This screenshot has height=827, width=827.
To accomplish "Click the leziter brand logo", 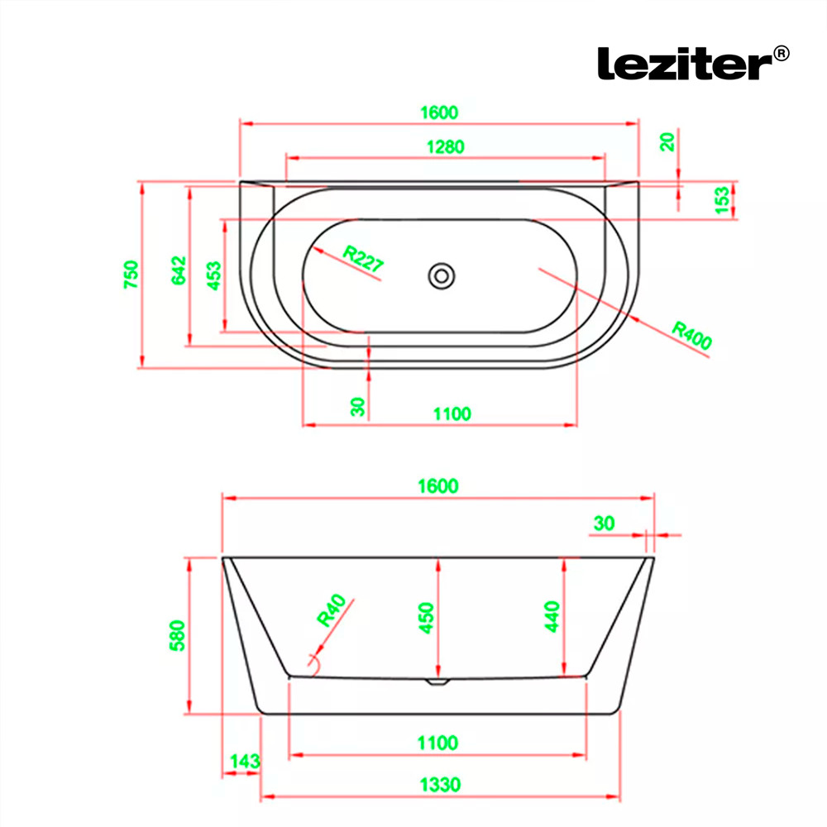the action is pyautogui.click(x=686, y=64).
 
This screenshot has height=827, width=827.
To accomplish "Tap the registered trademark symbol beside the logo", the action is pyautogui.click(x=782, y=53).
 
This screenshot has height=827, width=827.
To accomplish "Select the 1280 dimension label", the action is pyautogui.click(x=445, y=146).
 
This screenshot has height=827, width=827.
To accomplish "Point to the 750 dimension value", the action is pyautogui.click(x=131, y=275).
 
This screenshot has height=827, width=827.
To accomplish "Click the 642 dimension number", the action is pyautogui.click(x=179, y=270).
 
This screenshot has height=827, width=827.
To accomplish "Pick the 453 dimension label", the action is pyautogui.click(x=213, y=275).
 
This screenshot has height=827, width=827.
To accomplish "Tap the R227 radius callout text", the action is pyautogui.click(x=363, y=258).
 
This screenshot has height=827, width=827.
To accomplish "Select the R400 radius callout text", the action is pyautogui.click(x=692, y=336).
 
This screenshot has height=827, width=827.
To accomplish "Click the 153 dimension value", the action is pyautogui.click(x=721, y=200).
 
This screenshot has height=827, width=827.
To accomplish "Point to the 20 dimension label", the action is pyautogui.click(x=667, y=142).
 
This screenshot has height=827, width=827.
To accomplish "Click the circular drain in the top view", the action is pyautogui.click(x=442, y=276).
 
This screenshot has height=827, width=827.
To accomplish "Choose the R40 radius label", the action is pyautogui.click(x=332, y=610).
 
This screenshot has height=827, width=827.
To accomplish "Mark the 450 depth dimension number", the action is pyautogui.click(x=426, y=618).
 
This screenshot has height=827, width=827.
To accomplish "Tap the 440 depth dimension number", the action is pyautogui.click(x=552, y=616).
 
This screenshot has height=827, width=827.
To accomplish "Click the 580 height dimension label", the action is pyautogui.click(x=177, y=635).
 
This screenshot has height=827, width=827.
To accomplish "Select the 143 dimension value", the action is pyautogui.click(x=245, y=761).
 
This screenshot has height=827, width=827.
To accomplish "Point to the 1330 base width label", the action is pyautogui.click(x=441, y=785).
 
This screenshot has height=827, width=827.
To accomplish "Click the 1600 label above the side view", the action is pyautogui.click(x=438, y=485).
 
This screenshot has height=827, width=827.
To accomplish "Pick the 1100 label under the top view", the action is pyautogui.click(x=452, y=414).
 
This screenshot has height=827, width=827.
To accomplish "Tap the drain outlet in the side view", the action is pyautogui.click(x=437, y=681).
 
